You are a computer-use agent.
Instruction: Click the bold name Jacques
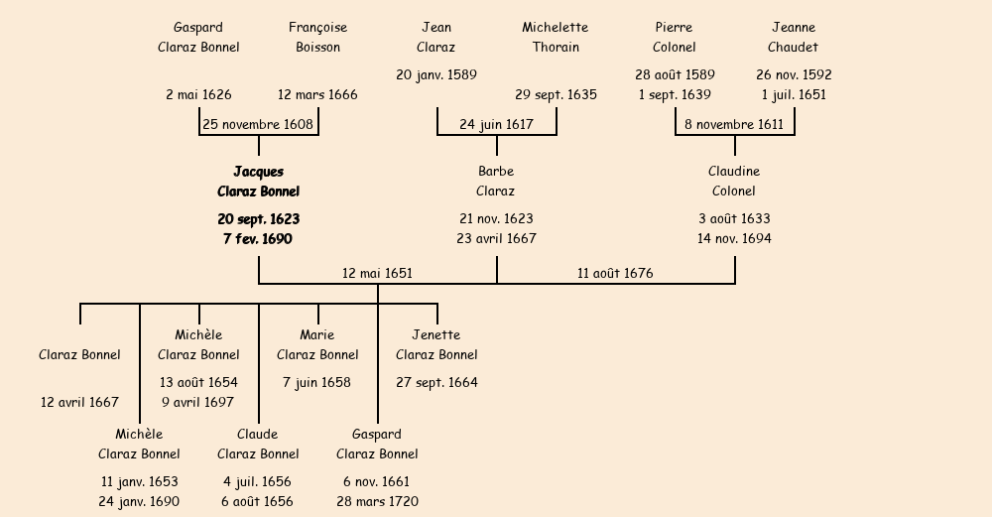tap(258, 172)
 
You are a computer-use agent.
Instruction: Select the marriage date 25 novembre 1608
tap(258, 125)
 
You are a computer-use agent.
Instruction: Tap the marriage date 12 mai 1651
tap(377, 273)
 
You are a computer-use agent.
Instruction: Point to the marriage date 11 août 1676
tap(615, 273)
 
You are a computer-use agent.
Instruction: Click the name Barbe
tap(496, 172)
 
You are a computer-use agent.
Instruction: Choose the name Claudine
tap(734, 172)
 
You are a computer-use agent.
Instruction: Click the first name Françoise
tap(317, 28)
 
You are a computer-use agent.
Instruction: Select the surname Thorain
tap(556, 47)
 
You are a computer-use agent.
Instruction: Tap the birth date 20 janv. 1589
tap(436, 75)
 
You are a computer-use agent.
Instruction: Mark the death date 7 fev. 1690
tap(258, 239)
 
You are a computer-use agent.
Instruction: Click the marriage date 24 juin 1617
tap(496, 125)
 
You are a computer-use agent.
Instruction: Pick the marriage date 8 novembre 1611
tap(734, 125)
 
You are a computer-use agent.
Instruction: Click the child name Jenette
tap(436, 335)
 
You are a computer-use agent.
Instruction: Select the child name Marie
tap(317, 335)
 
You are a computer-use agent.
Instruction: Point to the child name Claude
tap(258, 435)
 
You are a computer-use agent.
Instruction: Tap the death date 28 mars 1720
tap(377, 502)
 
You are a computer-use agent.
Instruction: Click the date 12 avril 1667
tap(79, 403)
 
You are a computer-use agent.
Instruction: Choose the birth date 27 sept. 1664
tap(436, 383)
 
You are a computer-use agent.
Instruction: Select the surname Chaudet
tap(794, 47)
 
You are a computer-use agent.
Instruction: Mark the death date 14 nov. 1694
tap(734, 239)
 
